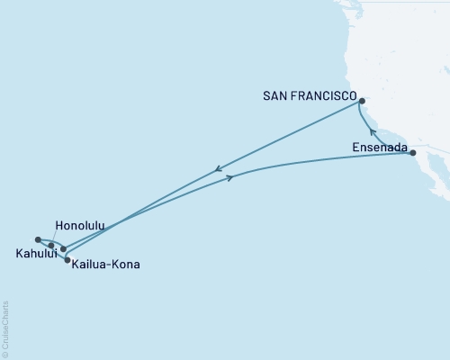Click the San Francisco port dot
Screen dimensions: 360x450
click(362, 114)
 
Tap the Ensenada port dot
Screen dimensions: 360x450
click(413, 153)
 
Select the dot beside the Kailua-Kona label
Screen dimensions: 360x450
click(67, 260)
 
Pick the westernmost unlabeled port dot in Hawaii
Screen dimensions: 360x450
click(37, 239)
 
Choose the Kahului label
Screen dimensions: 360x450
click(31, 255)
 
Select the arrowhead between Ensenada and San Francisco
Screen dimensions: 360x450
click(373, 132)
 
